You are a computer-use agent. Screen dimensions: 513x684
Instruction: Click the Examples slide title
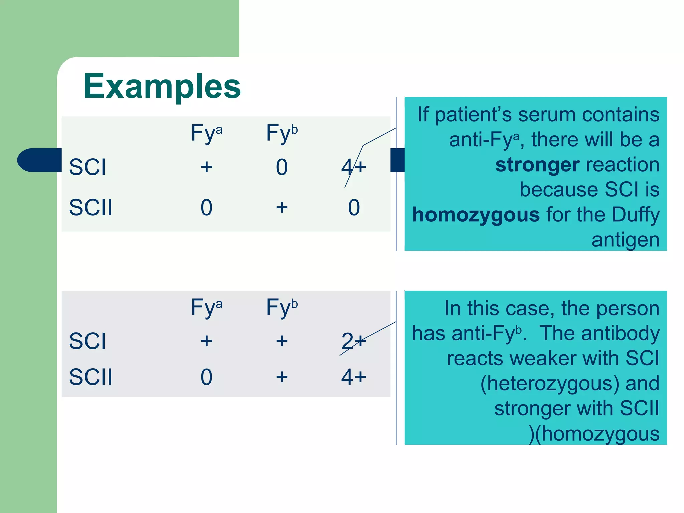[x=162, y=86]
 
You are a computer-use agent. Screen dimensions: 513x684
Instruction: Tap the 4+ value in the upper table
[x=354, y=167]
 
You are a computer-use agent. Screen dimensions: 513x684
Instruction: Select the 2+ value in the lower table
[x=354, y=341]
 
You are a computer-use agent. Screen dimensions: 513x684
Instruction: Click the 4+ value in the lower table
[x=354, y=377]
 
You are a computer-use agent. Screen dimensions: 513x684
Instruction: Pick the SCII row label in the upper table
[x=91, y=207]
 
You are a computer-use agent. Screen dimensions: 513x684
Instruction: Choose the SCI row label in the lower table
[x=88, y=341]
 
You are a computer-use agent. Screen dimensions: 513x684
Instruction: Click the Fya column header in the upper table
[x=206, y=133]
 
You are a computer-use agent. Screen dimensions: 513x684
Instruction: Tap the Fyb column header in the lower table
[x=282, y=307]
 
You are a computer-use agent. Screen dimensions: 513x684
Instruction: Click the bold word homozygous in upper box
[x=476, y=214]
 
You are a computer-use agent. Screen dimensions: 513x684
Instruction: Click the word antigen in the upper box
[x=625, y=240]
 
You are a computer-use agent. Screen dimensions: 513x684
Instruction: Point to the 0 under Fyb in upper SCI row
[x=282, y=167]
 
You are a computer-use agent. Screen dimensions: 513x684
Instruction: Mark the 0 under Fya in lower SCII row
[x=206, y=377]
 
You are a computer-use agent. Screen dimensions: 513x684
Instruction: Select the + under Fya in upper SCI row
[x=206, y=167]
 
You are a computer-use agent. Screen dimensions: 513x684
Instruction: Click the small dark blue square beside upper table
[x=397, y=160]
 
